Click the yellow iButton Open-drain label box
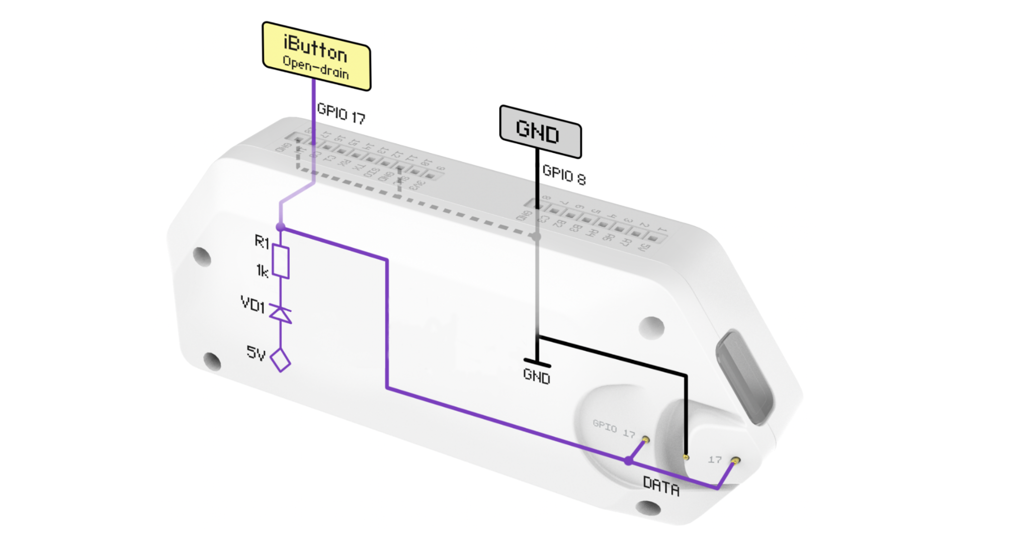point(316,56)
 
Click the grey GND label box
point(540,131)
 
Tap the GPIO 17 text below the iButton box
point(341,114)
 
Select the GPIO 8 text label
point(564,175)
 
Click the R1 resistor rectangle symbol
point(281,262)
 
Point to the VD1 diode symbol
point(280,314)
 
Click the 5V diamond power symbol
point(280,359)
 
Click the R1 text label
point(262,242)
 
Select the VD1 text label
point(252,305)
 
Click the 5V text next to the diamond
point(256,353)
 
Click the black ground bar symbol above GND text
point(537,362)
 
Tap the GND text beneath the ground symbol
point(537,376)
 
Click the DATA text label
point(661,486)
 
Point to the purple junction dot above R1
point(281,228)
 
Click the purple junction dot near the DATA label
point(628,460)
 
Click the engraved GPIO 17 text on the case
point(614,429)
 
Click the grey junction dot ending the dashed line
point(537,236)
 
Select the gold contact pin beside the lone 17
point(735,460)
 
